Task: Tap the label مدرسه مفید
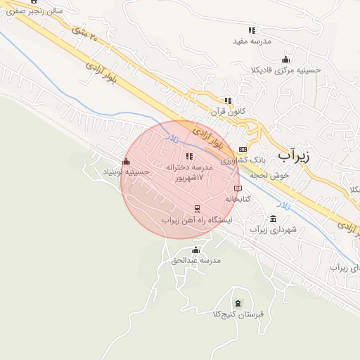point(252,41)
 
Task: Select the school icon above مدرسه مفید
point(252,30)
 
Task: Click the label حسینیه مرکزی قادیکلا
point(286,70)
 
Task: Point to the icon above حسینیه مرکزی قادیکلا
point(285,59)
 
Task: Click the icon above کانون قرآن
point(227,101)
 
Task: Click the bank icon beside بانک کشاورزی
point(243,149)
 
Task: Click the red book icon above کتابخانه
point(238,188)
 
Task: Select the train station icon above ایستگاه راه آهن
point(197,209)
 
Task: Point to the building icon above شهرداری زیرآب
point(273,219)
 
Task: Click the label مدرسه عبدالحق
point(196,261)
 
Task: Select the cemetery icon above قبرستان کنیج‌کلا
point(238,303)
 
